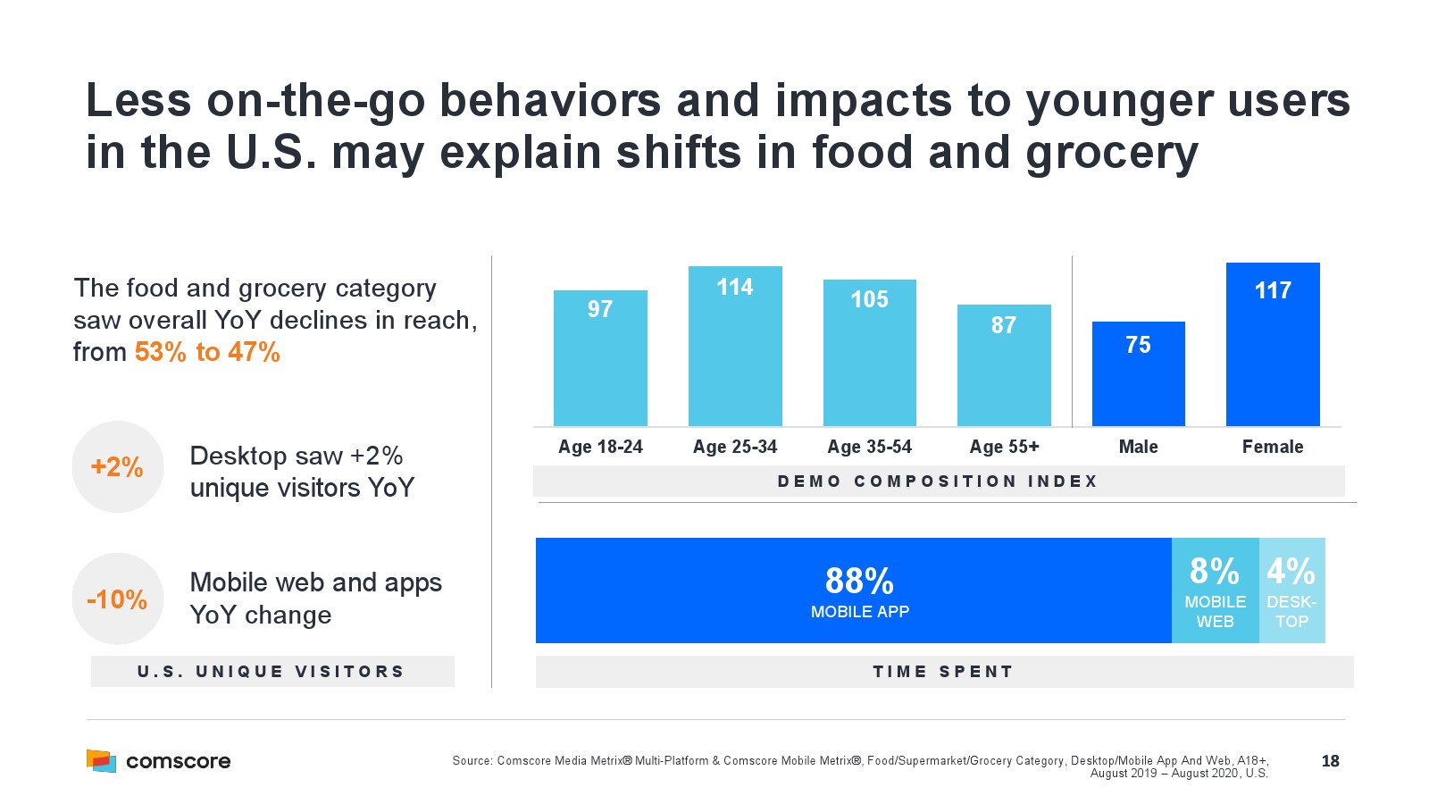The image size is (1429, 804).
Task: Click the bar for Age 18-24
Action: pyautogui.click(x=600, y=358)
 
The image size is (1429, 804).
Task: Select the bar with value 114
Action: pyautogui.click(x=735, y=347)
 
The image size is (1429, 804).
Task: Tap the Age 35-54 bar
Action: pyautogui.click(x=869, y=353)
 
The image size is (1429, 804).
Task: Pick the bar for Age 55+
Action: pyautogui.click(x=1004, y=365)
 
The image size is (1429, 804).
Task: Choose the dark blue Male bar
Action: pyautogui.click(x=1138, y=374)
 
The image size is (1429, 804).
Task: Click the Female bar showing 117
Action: pyautogui.click(x=1273, y=345)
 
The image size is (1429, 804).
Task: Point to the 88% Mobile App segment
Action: pyautogui.click(x=853, y=590)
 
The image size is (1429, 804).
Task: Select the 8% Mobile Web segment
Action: pyautogui.click(x=1215, y=590)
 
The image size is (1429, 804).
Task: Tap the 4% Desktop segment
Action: pyautogui.click(x=1291, y=590)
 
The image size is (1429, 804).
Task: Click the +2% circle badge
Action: pyautogui.click(x=118, y=466)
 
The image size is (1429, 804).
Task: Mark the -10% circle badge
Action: pyautogui.click(x=118, y=599)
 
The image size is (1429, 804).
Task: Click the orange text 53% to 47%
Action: pyautogui.click(x=207, y=352)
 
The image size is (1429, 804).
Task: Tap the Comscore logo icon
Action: pyautogui.click(x=101, y=761)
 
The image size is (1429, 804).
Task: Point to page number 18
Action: pyautogui.click(x=1330, y=761)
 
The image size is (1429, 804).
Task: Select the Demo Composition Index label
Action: pyautogui.click(x=938, y=482)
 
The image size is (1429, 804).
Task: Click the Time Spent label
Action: pyautogui.click(x=943, y=672)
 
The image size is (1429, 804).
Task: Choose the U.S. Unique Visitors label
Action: pyautogui.click(x=272, y=672)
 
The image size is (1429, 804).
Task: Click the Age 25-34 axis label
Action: pyautogui.click(x=735, y=447)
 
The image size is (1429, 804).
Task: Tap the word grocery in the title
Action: pyautogui.click(x=1111, y=153)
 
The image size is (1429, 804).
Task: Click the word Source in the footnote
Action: pyautogui.click(x=472, y=761)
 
